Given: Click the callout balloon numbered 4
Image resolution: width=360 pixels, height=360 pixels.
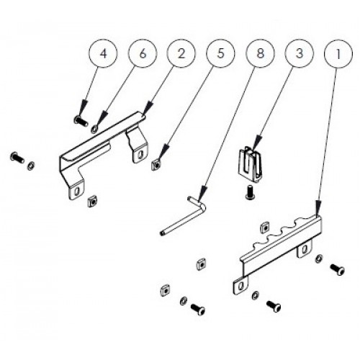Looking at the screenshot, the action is click(x=103, y=54).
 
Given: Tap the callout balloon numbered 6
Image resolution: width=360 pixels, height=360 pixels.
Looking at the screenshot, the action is click(x=143, y=54).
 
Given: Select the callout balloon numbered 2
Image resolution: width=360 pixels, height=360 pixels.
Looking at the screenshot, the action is click(x=181, y=54).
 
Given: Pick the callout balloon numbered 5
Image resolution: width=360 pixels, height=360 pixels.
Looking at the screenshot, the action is click(x=220, y=54).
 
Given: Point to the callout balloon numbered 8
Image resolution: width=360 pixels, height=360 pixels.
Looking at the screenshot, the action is click(x=260, y=54).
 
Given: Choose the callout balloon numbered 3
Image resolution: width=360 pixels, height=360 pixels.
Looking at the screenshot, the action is click(x=300, y=54).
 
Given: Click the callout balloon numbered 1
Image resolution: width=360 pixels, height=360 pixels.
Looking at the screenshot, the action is click(x=338, y=54).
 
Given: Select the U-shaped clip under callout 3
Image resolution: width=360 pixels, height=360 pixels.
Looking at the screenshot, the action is click(x=250, y=163).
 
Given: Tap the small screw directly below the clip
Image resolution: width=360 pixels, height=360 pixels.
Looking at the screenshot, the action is click(x=249, y=192).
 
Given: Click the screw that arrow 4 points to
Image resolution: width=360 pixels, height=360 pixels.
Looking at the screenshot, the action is click(x=80, y=121).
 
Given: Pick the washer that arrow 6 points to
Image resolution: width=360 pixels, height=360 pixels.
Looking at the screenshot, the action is click(x=94, y=130).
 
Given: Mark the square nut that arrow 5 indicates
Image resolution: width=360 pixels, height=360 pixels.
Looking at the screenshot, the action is click(x=156, y=165).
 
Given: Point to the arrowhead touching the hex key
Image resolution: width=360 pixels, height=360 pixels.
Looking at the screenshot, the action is click(x=203, y=193).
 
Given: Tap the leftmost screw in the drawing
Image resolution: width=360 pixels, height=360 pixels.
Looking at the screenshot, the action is click(x=17, y=158).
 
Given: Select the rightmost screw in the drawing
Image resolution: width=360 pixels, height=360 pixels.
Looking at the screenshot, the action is click(x=338, y=269).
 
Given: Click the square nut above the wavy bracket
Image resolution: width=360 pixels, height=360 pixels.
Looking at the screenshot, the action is click(x=264, y=227).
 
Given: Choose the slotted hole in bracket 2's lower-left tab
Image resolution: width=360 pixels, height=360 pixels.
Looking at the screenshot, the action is click(x=77, y=191).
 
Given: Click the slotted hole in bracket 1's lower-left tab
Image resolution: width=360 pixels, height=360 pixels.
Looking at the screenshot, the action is click(x=241, y=285).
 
